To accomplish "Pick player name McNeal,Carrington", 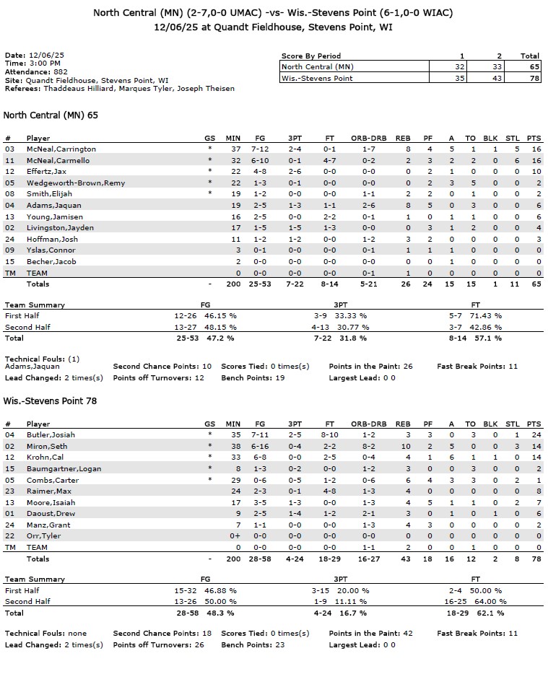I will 61,149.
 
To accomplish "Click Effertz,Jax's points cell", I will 534,172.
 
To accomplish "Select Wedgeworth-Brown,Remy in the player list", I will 75,183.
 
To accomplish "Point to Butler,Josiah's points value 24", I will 534,435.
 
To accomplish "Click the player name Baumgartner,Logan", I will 63,469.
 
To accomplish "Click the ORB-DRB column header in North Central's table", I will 368,139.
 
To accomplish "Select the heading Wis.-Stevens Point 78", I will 50,401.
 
